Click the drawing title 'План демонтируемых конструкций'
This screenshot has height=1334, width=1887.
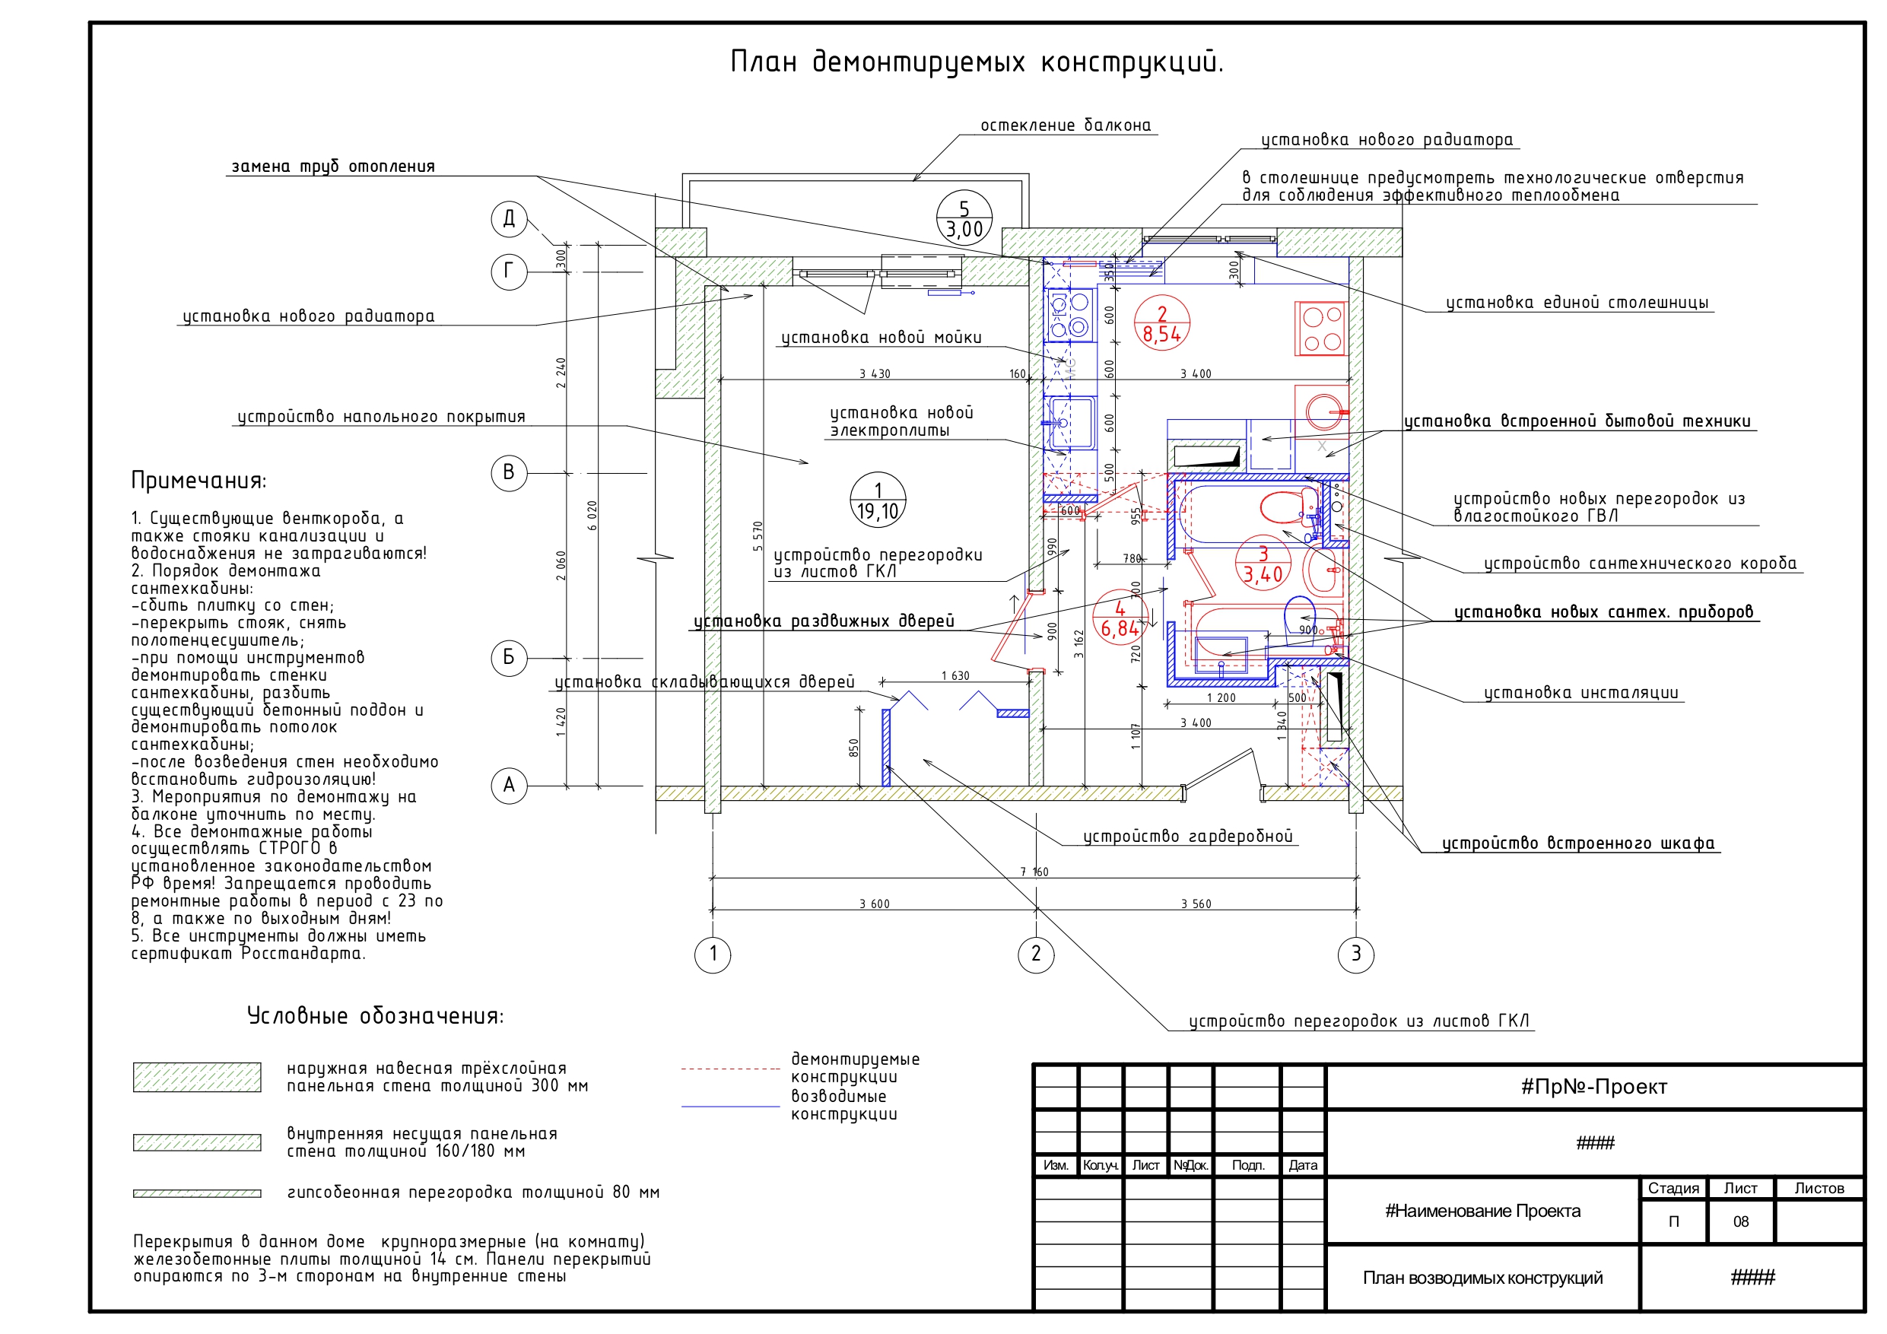[x=977, y=62]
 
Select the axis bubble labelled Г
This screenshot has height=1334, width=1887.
[x=509, y=272]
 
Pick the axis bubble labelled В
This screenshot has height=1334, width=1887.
[x=509, y=472]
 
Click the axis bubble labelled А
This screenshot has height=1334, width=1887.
[x=509, y=786]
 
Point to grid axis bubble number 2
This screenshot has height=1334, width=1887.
[x=1036, y=954]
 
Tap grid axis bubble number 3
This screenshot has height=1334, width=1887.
[x=1356, y=954]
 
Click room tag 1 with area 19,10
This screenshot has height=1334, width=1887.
[x=878, y=500]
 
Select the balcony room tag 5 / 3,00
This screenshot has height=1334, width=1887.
[x=964, y=218]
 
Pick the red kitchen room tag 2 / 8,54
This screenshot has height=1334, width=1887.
[x=1162, y=323]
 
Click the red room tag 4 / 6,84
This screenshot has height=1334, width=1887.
[x=1120, y=618]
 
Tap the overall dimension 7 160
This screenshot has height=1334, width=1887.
[x=1034, y=872]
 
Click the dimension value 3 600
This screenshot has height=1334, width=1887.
[x=875, y=904]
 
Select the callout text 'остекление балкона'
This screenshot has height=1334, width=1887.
[x=1065, y=125]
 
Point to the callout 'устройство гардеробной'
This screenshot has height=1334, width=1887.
[x=1187, y=837]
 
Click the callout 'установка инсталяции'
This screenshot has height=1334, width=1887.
[x=1581, y=693]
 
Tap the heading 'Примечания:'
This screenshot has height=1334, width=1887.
[x=199, y=481]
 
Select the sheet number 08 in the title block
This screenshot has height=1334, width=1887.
[x=1741, y=1221]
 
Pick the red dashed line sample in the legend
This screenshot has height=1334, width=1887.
[x=730, y=1069]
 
